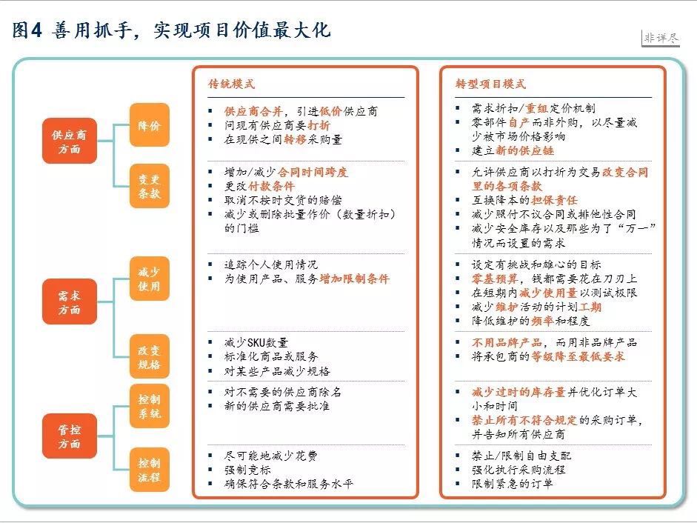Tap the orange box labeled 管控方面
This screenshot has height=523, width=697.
click(x=69, y=436)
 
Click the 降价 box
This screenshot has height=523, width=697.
click(x=149, y=126)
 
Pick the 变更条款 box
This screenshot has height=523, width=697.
click(x=149, y=185)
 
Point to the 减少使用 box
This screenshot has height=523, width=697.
click(x=149, y=279)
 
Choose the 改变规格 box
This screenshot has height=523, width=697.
click(x=149, y=356)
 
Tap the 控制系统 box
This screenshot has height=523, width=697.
click(x=149, y=406)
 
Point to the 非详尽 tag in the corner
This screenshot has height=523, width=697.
click(x=661, y=39)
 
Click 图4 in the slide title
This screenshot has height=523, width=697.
click(x=29, y=31)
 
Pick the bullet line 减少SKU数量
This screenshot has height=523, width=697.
click(x=256, y=343)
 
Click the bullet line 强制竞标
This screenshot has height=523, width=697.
click(x=246, y=470)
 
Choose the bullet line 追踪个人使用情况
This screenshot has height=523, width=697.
click(x=270, y=264)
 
